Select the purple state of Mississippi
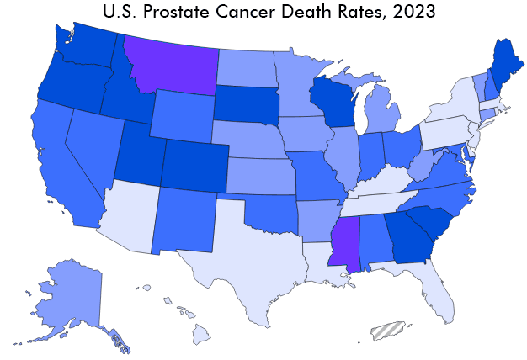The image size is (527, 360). (345, 242)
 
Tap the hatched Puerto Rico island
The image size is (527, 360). (387, 331)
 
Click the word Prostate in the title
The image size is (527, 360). (177, 12)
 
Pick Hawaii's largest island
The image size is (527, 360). (201, 335)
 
